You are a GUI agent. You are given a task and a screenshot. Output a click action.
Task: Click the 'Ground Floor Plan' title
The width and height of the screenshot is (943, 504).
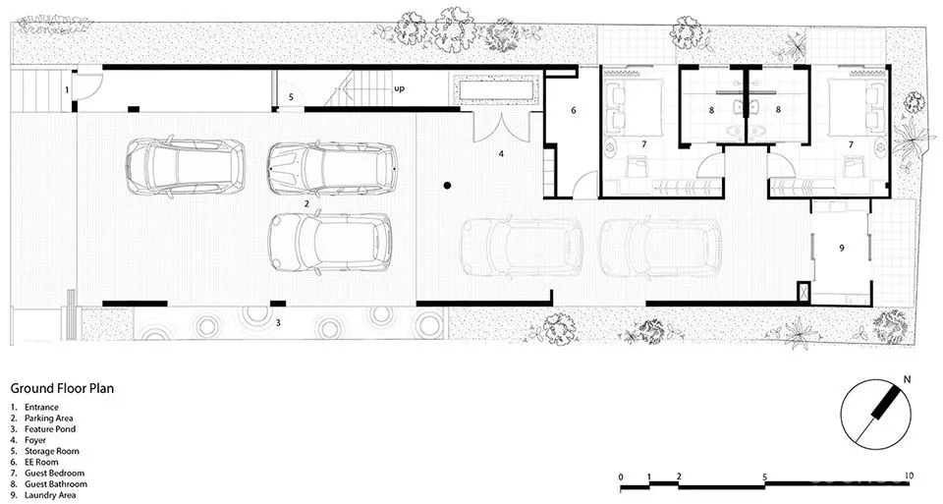(62, 388)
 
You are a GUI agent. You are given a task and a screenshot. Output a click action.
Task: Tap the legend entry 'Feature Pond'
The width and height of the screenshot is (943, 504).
(50, 429)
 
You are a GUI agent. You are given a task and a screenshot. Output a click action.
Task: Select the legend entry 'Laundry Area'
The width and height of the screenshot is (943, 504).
(50, 495)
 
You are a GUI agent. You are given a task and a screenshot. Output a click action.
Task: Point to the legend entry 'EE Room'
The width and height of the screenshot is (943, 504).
(41, 462)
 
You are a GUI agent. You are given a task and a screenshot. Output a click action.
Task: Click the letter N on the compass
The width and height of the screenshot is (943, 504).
(907, 379)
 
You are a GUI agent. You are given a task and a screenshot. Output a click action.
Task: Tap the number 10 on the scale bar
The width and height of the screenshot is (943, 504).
(908, 476)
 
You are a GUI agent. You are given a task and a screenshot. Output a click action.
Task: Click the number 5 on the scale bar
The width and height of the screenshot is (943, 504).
(765, 477)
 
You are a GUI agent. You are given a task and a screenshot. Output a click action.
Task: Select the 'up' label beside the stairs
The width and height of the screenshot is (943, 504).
(400, 88)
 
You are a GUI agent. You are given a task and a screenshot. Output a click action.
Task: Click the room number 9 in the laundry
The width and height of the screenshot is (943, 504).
(842, 248)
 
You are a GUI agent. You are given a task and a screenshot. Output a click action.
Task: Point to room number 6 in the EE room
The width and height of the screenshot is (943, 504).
(574, 110)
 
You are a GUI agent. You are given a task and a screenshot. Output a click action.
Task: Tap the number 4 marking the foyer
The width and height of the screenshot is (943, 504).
(501, 154)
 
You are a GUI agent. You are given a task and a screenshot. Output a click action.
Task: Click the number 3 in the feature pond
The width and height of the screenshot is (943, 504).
(278, 323)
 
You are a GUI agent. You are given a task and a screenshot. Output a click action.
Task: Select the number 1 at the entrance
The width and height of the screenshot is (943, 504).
(68, 90)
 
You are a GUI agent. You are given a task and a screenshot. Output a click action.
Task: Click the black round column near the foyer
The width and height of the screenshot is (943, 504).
(447, 186)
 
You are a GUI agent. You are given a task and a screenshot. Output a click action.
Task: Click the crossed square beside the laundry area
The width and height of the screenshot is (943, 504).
(803, 293)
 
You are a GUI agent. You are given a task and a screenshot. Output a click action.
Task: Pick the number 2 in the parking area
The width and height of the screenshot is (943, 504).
(306, 204)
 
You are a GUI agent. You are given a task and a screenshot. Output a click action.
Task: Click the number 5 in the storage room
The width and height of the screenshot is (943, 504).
(291, 97)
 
